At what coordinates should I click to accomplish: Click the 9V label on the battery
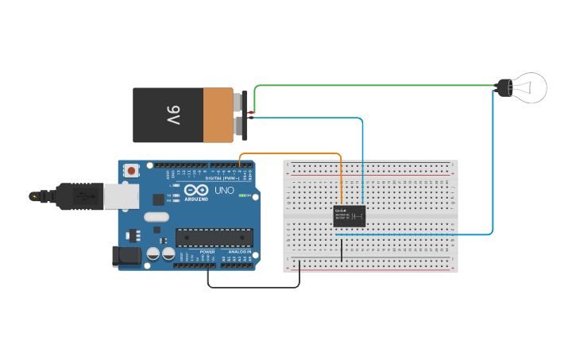(x=174, y=115)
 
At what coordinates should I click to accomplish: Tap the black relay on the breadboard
(x=350, y=215)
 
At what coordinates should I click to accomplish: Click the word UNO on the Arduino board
(x=225, y=191)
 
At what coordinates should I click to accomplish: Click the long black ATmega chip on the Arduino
(x=215, y=237)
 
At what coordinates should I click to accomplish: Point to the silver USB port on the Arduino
(x=120, y=196)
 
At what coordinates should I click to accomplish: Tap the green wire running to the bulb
(x=373, y=85)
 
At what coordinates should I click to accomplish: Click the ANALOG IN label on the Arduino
(x=239, y=251)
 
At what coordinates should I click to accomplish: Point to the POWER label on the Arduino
(x=207, y=251)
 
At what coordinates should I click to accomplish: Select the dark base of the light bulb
(x=504, y=87)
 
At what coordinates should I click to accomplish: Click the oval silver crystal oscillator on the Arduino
(x=157, y=216)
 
